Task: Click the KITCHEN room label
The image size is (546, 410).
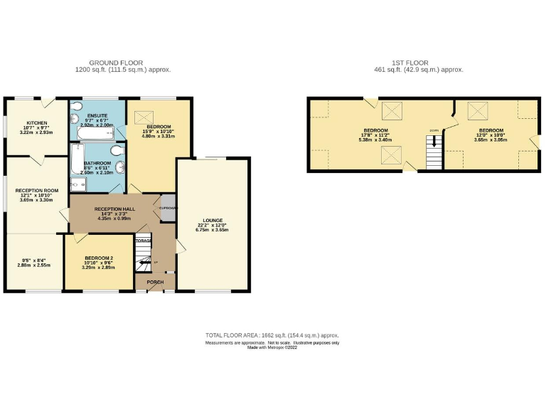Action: tap(36, 122)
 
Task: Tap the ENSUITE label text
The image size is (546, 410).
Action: tap(97, 115)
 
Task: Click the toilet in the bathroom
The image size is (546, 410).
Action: tap(117, 154)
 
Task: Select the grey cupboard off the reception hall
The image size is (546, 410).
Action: tap(168, 207)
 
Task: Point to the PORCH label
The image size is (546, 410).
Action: tap(155, 283)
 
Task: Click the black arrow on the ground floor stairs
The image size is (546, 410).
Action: tap(146, 263)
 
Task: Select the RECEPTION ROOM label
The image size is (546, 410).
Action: tap(36, 191)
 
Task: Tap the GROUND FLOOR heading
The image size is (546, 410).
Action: tap(116, 63)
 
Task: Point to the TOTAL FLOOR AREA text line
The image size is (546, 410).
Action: tap(272, 335)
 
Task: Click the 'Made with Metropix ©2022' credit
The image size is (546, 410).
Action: tap(272, 347)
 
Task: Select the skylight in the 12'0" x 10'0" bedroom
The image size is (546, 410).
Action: tap(476, 110)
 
